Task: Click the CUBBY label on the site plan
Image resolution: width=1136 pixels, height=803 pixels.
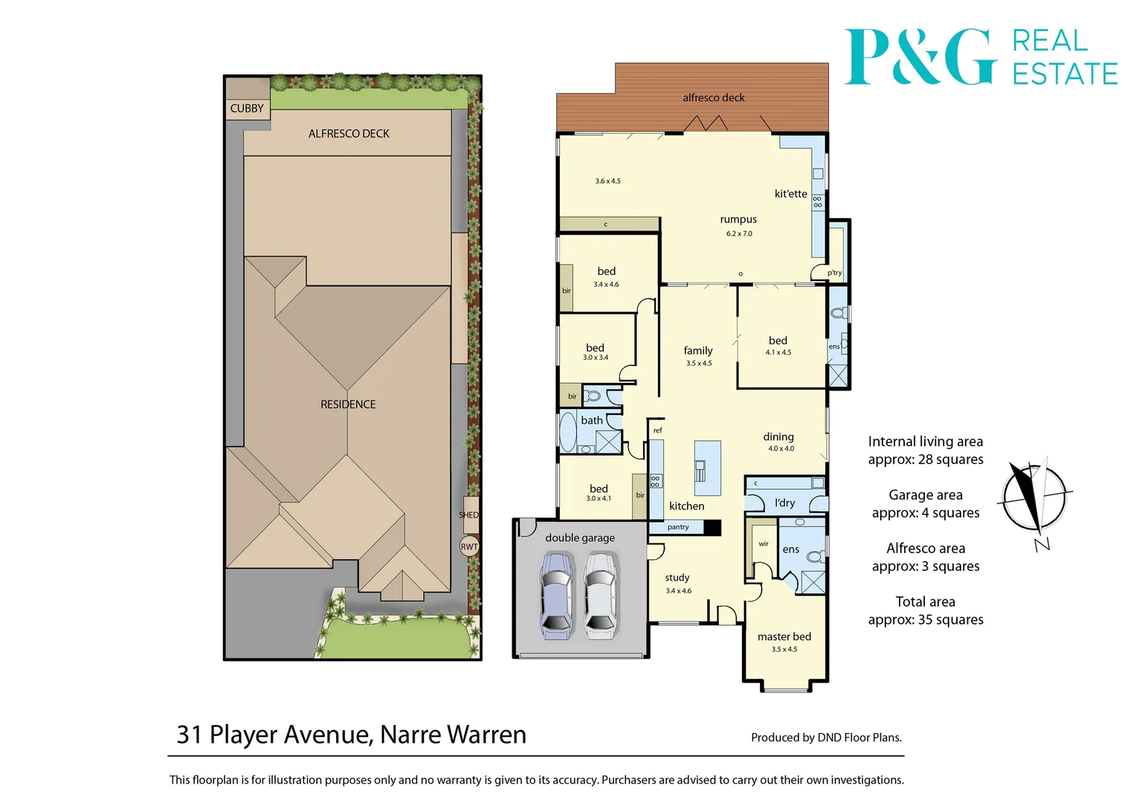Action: coord(247,109)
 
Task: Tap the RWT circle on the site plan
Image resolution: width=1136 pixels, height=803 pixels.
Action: coord(469,546)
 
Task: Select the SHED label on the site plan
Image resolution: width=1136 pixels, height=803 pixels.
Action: coord(469,515)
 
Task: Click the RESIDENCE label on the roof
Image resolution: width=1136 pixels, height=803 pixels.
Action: coord(348,404)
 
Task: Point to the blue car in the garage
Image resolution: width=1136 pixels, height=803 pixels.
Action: coord(557,595)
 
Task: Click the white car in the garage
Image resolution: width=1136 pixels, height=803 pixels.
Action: coord(600,595)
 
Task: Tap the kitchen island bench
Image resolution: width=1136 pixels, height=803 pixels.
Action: coord(707,468)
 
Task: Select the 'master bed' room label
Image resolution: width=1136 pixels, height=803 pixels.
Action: coord(784,636)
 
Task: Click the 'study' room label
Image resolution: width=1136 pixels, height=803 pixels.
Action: coord(677,578)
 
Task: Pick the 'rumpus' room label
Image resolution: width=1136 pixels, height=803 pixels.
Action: coord(738,219)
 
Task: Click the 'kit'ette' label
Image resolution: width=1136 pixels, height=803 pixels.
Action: coord(790,194)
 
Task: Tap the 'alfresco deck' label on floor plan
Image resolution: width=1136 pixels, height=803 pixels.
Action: coord(713,97)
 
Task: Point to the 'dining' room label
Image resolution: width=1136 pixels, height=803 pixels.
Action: coord(778,437)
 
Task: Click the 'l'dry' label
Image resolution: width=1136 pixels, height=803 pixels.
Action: coord(784,503)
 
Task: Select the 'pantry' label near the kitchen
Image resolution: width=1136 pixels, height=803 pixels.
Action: coord(677,527)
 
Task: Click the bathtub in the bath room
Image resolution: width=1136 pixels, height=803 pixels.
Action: coord(568,433)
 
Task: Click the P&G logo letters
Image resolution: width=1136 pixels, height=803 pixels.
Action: coord(920,57)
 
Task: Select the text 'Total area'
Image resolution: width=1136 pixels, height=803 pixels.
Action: coord(925,602)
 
